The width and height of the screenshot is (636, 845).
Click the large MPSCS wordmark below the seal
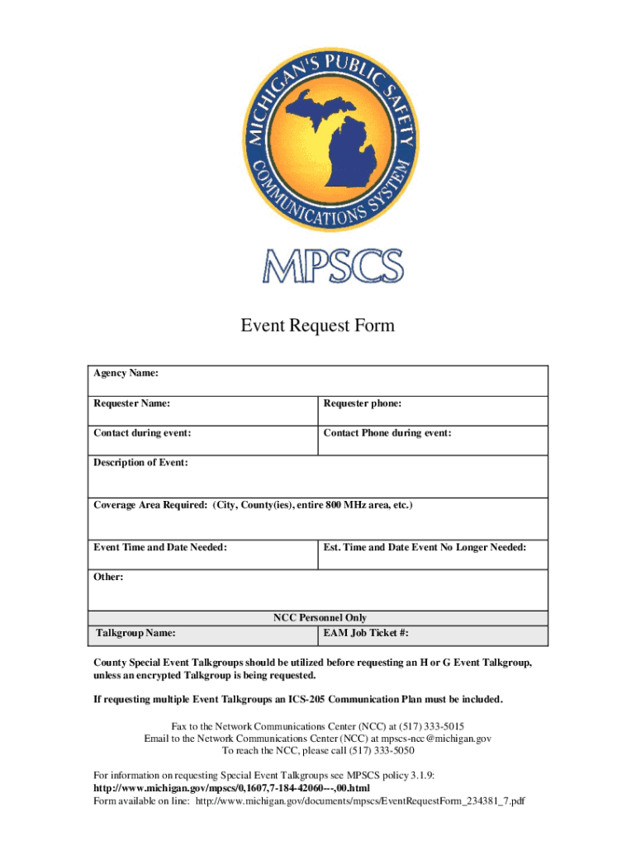(x=334, y=266)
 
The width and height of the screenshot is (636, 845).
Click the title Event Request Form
(x=318, y=326)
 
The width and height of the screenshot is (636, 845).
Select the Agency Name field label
(x=126, y=375)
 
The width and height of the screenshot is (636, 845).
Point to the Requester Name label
(x=132, y=404)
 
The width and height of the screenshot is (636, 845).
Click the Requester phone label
(x=363, y=404)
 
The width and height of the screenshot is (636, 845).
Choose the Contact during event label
(x=143, y=433)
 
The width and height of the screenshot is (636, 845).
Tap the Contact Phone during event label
(x=387, y=433)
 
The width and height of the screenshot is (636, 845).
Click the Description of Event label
(x=140, y=463)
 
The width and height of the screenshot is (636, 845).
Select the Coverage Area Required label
(x=253, y=505)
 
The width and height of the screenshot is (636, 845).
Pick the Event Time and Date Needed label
(x=160, y=548)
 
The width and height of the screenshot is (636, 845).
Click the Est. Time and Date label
(x=425, y=548)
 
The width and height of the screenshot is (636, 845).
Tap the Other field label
(x=109, y=578)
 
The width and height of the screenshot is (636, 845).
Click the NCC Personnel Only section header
(x=320, y=618)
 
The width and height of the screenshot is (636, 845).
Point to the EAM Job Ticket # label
(x=366, y=634)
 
